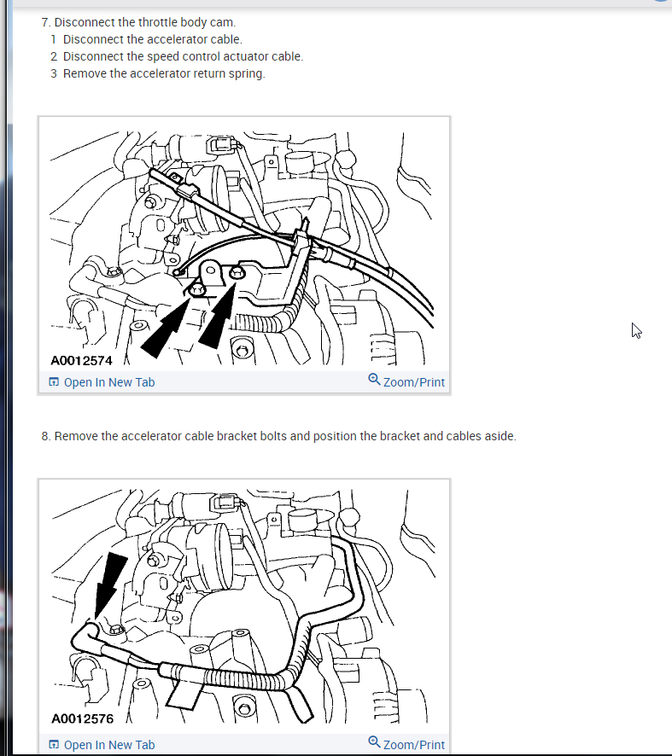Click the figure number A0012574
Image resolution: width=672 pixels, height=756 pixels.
(81, 361)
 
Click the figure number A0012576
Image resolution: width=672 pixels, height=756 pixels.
(82, 718)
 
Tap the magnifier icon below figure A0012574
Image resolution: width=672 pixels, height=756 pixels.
(374, 380)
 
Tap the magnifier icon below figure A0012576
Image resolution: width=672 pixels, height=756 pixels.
(374, 742)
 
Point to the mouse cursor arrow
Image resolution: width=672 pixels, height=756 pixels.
(636, 331)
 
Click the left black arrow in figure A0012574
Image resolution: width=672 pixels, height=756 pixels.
(166, 326)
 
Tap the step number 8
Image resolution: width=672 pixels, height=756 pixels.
(46, 436)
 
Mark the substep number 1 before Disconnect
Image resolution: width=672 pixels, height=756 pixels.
(54, 39)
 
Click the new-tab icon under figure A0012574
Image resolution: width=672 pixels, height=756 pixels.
(54, 382)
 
